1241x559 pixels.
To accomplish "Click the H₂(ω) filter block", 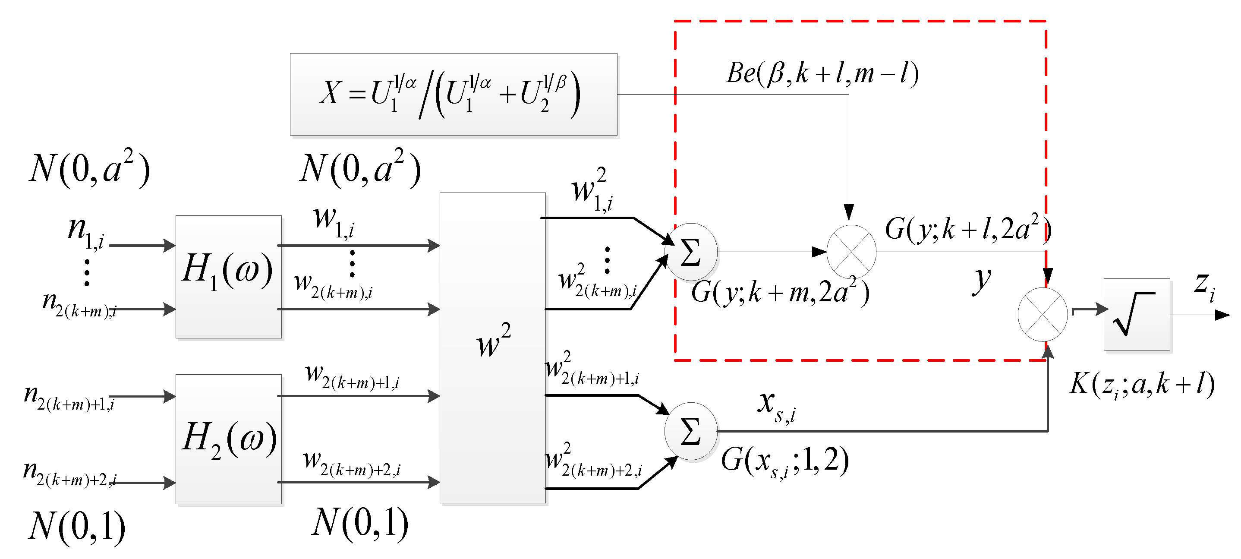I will [x=228, y=439].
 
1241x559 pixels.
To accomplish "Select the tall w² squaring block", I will [x=492, y=347].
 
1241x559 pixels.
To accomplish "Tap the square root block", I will [x=1137, y=314].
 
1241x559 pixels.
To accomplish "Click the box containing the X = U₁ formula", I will [x=454, y=94].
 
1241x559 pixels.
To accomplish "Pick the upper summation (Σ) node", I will [x=691, y=252].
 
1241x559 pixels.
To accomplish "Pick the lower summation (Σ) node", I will [x=690, y=431].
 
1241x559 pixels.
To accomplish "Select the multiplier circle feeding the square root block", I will [x=1043, y=314].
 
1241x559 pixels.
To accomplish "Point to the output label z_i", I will [x=1204, y=285].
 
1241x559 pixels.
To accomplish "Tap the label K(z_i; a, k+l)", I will [x=1142, y=385].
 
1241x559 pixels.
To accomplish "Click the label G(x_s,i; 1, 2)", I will [x=785, y=461].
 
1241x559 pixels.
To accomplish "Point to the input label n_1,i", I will [x=86, y=232].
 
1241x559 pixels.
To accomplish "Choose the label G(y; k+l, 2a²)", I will [x=967, y=228].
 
